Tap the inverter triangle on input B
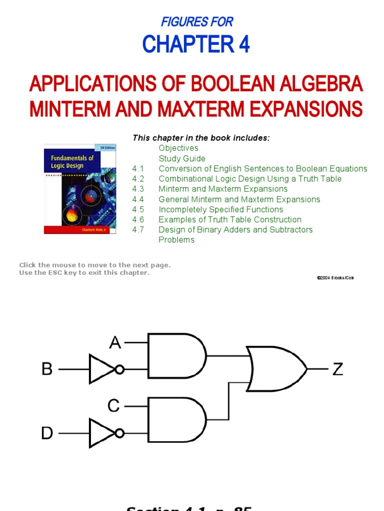click(x=101, y=369)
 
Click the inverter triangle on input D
click(x=101, y=433)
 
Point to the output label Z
click(x=338, y=369)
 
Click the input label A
click(x=115, y=343)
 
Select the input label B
click(x=47, y=369)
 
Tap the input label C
click(x=114, y=406)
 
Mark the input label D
click(x=47, y=433)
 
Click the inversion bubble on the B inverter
click(x=119, y=369)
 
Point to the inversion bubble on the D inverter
click(x=119, y=433)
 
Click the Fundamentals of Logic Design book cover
click(x=80, y=189)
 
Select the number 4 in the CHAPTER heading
click(x=244, y=45)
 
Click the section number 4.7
click(x=138, y=230)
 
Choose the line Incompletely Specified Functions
click(x=220, y=210)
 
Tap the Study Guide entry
click(x=181, y=159)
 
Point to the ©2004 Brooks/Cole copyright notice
click(x=335, y=277)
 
